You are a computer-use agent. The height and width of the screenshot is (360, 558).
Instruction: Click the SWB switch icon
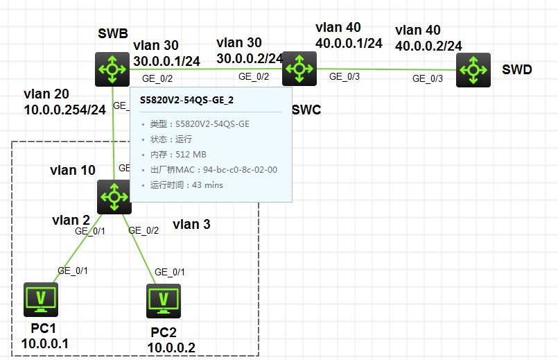(x=113, y=69)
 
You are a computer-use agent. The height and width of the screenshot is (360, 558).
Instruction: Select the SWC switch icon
(x=300, y=68)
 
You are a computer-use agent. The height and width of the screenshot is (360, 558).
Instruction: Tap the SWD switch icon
(x=473, y=69)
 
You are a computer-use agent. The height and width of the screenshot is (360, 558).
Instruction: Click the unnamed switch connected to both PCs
(x=114, y=196)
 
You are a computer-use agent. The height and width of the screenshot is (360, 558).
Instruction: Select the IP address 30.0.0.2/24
(x=250, y=58)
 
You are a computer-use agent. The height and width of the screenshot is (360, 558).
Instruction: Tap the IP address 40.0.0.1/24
(x=349, y=43)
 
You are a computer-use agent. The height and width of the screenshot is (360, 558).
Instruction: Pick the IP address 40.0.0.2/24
(x=428, y=45)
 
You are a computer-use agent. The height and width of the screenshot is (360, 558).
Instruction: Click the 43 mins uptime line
(x=186, y=185)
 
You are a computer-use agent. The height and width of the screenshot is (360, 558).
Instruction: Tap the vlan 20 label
(x=46, y=94)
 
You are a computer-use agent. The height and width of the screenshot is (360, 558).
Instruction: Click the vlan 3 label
(x=191, y=224)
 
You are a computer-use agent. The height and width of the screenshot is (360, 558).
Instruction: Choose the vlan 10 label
(x=72, y=170)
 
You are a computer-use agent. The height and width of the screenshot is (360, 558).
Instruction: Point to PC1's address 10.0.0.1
(x=44, y=343)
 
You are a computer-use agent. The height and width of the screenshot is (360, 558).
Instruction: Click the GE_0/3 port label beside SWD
(x=427, y=78)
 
